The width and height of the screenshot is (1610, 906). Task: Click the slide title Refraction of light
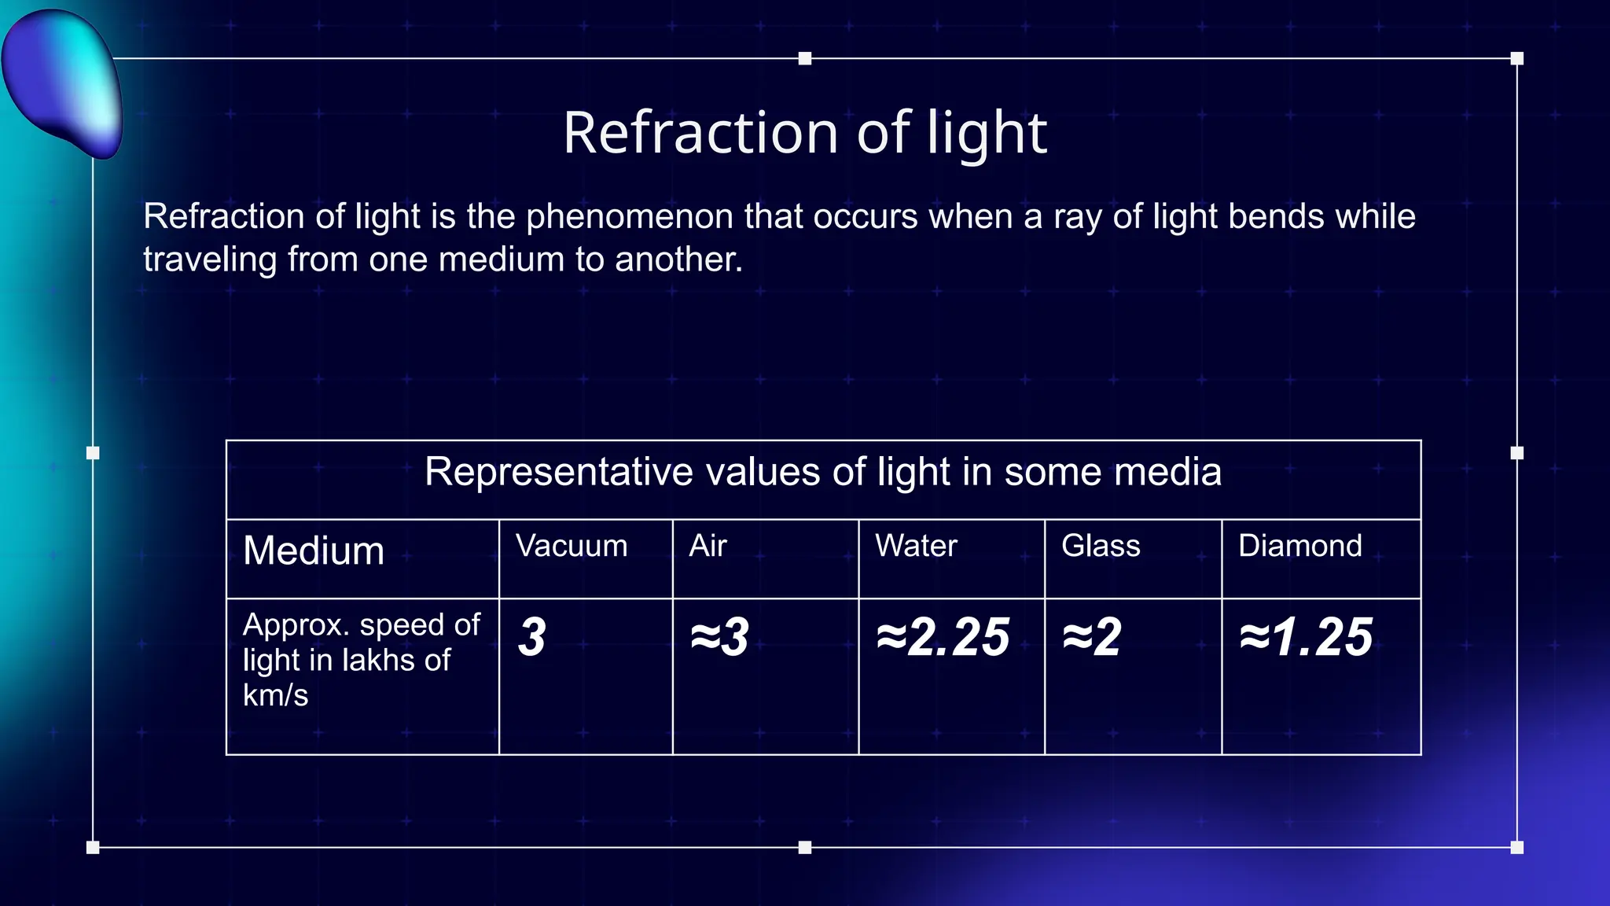(x=805, y=132)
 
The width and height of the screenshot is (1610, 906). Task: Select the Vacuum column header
(x=572, y=546)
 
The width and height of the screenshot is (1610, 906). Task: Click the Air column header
(x=708, y=546)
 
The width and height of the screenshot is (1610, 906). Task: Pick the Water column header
(x=916, y=546)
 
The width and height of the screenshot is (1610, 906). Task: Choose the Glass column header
(x=1101, y=546)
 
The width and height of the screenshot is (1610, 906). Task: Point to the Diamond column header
(x=1299, y=546)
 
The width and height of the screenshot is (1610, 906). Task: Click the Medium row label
(x=314, y=551)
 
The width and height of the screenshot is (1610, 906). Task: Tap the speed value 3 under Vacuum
(x=532, y=637)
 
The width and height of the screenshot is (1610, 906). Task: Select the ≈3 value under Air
(x=719, y=637)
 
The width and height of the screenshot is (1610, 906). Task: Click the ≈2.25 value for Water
(x=943, y=637)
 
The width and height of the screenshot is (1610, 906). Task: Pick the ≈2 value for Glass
(x=1092, y=637)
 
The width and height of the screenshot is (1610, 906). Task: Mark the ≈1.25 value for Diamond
(x=1306, y=637)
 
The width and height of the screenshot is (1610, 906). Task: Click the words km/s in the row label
(x=275, y=696)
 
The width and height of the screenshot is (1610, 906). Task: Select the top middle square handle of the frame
(x=805, y=58)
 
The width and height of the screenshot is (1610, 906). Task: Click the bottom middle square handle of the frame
(x=805, y=847)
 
